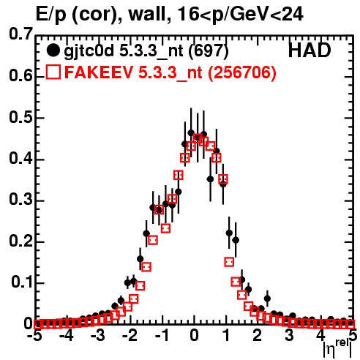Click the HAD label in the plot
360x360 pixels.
click(310, 50)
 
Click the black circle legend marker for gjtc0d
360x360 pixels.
click(53, 50)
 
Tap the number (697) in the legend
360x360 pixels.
click(209, 51)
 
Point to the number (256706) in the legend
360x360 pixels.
click(241, 73)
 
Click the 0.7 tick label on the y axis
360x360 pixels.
click(20, 34)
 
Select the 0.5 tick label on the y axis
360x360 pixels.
click(20, 118)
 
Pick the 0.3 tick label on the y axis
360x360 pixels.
click(20, 200)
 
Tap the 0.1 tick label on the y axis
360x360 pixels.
click(22, 282)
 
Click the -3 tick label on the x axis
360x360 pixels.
click(98, 336)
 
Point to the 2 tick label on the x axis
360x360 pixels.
click(258, 336)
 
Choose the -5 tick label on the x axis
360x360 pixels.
click(35, 336)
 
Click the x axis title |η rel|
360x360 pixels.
click(337, 348)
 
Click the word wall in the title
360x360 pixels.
click(146, 14)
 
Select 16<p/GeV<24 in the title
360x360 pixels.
click(240, 15)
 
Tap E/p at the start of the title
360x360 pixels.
click(51, 15)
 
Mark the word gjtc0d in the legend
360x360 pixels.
click(89, 51)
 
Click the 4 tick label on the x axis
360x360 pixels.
click(320, 336)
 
